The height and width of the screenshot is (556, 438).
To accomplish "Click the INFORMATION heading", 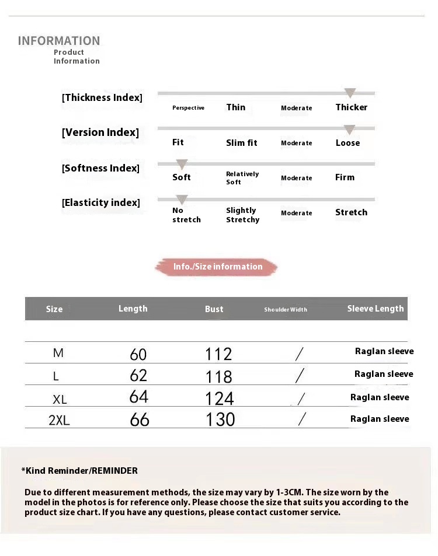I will point(59,41).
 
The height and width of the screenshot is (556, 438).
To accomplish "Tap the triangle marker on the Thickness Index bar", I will point(350,93).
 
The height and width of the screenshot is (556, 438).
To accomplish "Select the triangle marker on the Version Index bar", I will point(349,130).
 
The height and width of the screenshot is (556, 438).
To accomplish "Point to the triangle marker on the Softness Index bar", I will point(182,165).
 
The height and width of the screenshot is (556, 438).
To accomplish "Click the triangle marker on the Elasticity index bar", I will point(182,200).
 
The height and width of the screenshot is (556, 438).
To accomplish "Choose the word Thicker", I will point(351,107).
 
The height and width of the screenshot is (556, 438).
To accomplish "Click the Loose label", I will point(347,143).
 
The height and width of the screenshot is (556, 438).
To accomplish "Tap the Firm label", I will point(345,177).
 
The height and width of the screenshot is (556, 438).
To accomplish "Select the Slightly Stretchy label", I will point(242,215).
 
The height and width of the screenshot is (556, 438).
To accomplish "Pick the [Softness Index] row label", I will point(100,168).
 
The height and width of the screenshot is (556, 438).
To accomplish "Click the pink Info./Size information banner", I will point(217,267).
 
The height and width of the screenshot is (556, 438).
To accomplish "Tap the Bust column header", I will point(214,309).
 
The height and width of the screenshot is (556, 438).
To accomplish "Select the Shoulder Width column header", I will point(285,310).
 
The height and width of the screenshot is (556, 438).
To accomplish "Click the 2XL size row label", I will point(59,420).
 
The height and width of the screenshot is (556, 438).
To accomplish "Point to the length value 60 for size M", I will point(138,354).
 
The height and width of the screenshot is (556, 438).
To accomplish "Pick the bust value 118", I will point(218,376).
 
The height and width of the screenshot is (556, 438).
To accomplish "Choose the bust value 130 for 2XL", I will point(220,419).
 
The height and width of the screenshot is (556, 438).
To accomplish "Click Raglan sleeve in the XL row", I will point(380,397).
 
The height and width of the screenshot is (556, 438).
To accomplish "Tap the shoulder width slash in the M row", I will point(300,354).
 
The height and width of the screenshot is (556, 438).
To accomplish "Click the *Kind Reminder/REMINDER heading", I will point(79,471).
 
